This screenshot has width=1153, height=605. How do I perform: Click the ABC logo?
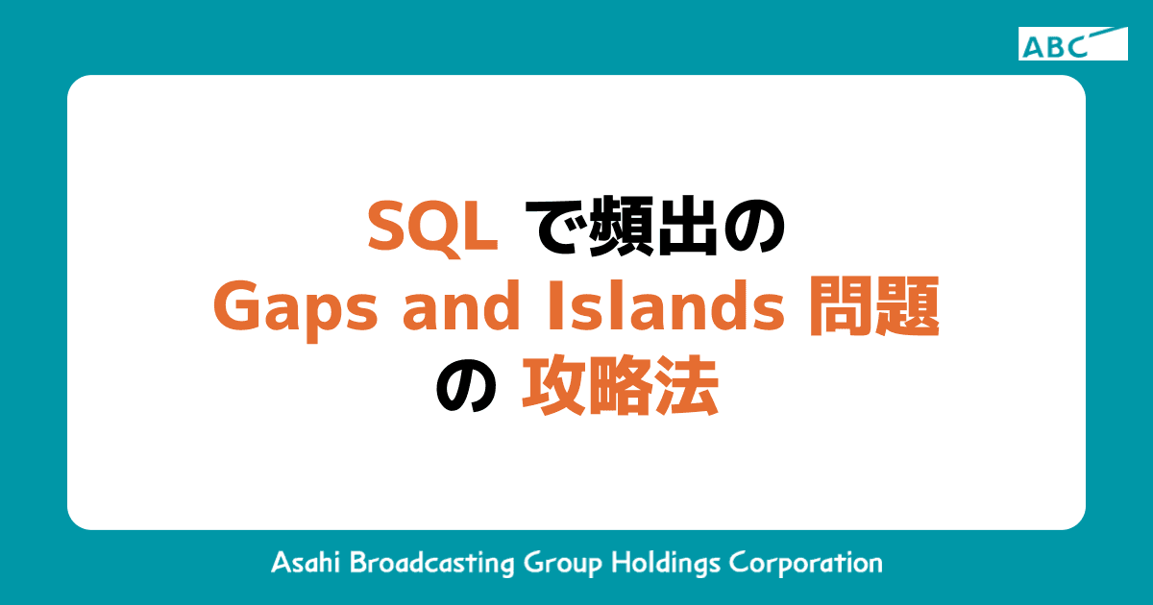click(1072, 44)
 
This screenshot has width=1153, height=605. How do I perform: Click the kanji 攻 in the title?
click(552, 389)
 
